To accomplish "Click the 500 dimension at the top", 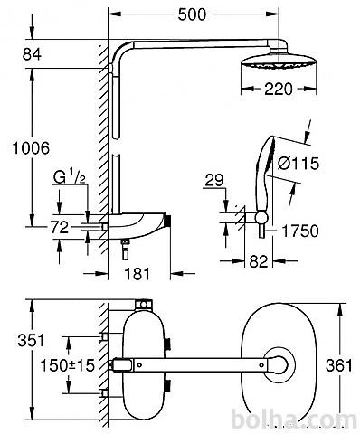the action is point(192,14).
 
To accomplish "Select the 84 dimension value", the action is point(32,54).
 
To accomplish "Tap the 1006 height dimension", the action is point(31,148).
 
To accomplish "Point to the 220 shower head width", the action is point(279,89).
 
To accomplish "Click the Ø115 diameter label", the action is point(298,164).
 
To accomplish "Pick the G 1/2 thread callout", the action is point(70,178).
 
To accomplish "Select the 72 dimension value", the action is point(60,227).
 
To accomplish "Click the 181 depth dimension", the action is point(137,274).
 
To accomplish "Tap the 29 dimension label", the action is point(214,180).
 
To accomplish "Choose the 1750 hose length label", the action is point(300,231).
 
